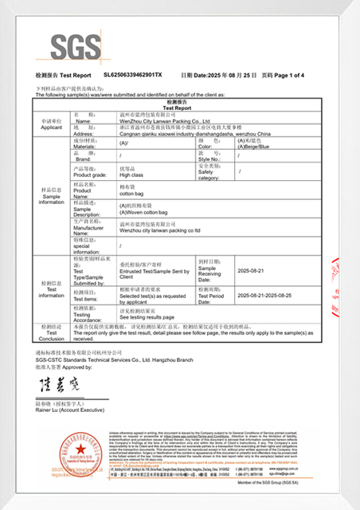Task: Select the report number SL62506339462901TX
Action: tap(132, 74)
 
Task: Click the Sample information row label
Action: tap(51, 196)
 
